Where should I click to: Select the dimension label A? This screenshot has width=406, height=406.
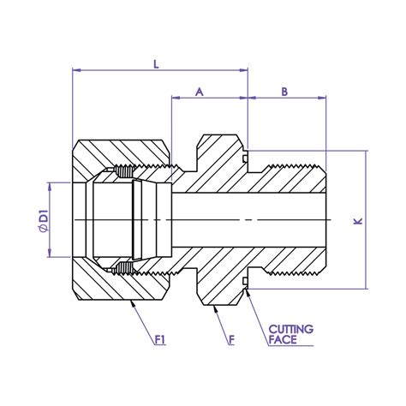click(x=200, y=89)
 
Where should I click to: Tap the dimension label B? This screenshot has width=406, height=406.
click(x=284, y=89)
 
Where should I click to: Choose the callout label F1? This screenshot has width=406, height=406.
click(x=159, y=341)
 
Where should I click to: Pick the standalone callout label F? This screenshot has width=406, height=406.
click(x=233, y=341)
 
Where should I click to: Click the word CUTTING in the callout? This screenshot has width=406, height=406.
click(x=291, y=328)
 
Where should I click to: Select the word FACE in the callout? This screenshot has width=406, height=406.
click(x=283, y=340)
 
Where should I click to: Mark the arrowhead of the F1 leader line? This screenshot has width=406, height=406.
click(x=130, y=302)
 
